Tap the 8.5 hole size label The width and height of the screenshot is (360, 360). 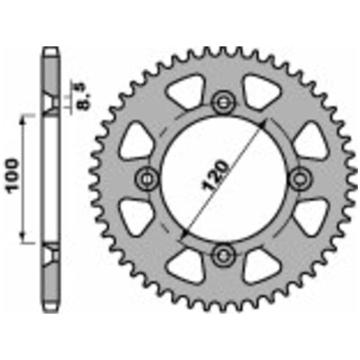coord(82,96)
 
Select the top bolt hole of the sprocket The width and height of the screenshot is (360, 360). coord(223,102)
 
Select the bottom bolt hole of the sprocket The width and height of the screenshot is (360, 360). coord(223,255)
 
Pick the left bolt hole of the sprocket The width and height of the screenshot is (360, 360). coord(147,179)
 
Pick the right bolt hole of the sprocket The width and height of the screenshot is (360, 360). coord(299,179)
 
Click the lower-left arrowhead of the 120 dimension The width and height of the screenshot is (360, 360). coord(185,233)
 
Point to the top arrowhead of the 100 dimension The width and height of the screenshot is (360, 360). coord(22,119)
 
